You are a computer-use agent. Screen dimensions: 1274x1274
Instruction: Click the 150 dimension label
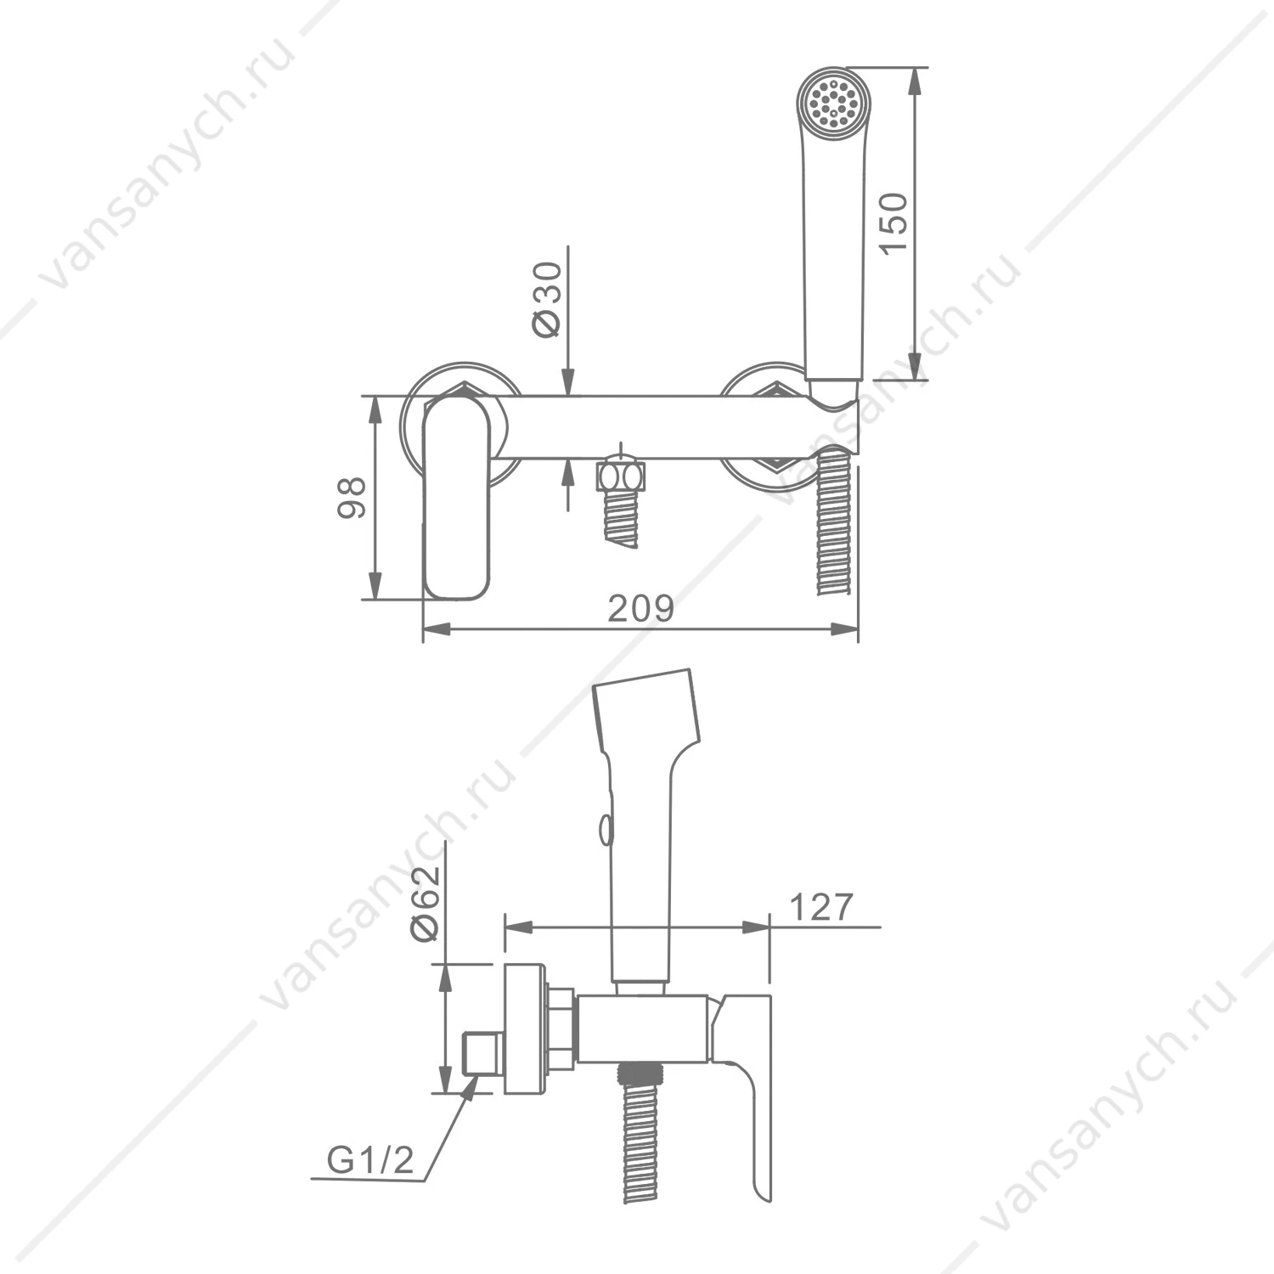point(893,223)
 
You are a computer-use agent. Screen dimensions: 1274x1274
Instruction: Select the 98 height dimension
point(352,497)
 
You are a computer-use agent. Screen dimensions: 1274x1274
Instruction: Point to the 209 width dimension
point(641,608)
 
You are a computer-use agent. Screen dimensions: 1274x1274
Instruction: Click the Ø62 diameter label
point(426,904)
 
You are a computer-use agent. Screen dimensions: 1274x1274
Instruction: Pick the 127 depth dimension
point(820,907)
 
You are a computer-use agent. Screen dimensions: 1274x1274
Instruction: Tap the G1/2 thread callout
point(370,1159)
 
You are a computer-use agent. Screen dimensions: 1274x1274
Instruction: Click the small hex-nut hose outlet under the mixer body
point(622,476)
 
